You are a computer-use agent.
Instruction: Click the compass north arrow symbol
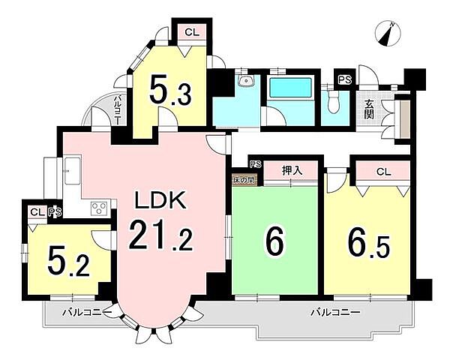click(x=388, y=34)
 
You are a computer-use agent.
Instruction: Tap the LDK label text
click(x=160, y=201)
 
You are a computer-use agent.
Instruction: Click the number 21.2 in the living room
click(x=160, y=235)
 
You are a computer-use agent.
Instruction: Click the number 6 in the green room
click(x=274, y=242)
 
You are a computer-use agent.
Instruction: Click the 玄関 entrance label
click(x=369, y=109)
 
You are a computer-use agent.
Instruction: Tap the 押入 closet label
click(x=292, y=171)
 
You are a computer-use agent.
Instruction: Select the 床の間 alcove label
click(x=244, y=180)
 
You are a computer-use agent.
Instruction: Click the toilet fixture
click(x=334, y=102)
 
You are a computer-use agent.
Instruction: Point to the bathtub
click(x=290, y=88)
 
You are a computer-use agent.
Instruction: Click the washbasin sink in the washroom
click(x=246, y=81)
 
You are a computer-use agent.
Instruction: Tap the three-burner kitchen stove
click(x=99, y=208)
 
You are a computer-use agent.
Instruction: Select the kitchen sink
click(x=73, y=170)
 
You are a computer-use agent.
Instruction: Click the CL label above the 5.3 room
click(x=192, y=32)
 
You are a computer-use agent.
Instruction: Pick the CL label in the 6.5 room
click(x=384, y=172)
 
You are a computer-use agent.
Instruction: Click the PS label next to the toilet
click(x=345, y=79)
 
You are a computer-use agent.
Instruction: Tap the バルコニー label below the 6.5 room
click(x=335, y=312)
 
